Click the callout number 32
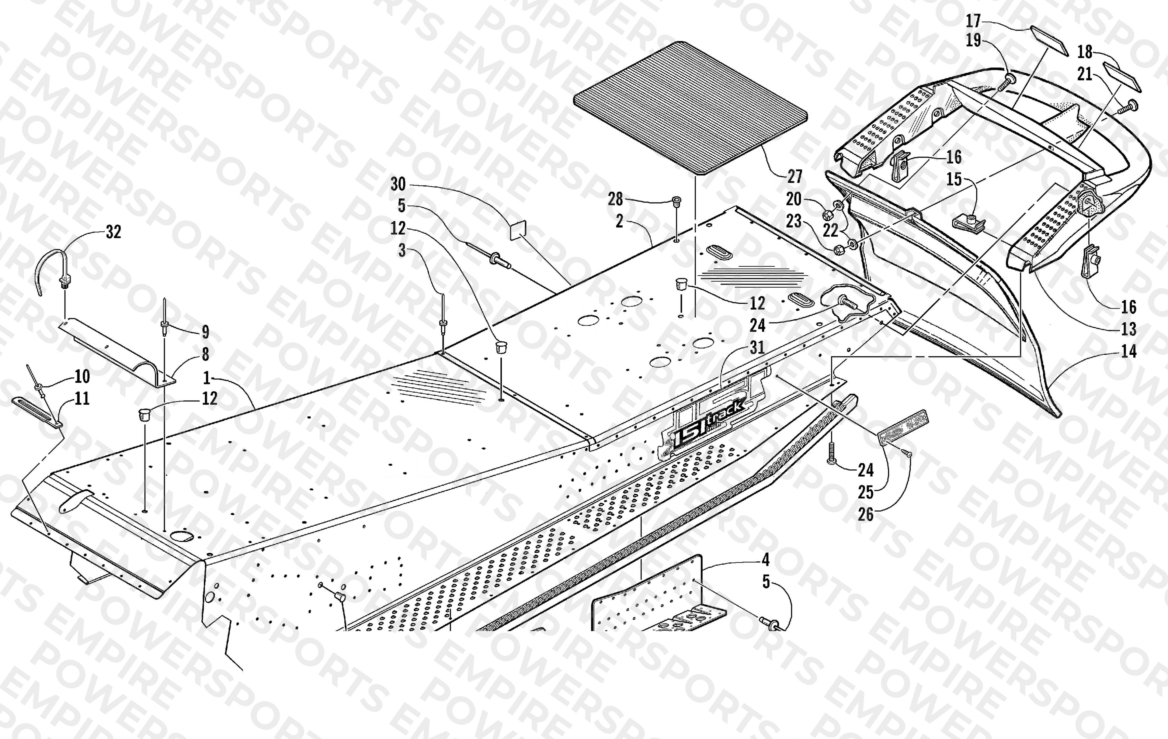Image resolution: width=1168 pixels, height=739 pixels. click(113, 232)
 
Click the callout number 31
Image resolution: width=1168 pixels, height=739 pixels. click(757, 347)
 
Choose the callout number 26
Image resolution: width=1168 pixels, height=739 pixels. click(866, 514)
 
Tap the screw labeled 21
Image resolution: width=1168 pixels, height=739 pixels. click(1131, 107)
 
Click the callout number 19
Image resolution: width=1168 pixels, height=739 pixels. click(974, 40)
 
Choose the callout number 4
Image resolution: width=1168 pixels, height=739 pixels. click(765, 560)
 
